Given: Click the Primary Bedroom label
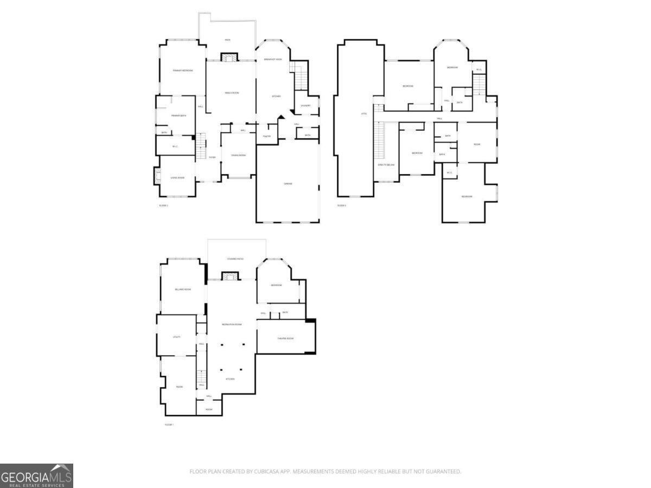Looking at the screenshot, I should click(183, 70).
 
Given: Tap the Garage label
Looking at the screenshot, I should click(288, 184).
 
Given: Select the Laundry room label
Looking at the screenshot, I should click(306, 106).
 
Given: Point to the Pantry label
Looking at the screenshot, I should click(267, 136).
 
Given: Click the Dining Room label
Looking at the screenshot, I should click(239, 156).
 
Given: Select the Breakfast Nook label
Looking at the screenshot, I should click(273, 59).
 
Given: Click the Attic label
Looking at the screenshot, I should click(364, 113).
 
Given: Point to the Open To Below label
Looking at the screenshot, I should click(386, 165).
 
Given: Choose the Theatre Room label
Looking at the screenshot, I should click(285, 338).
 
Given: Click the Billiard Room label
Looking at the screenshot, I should click(183, 290).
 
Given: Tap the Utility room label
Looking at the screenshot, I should click(176, 337).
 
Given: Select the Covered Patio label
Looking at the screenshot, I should click(235, 259).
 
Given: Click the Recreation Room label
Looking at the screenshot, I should click(232, 324).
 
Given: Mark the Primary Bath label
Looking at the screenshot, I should click(179, 115).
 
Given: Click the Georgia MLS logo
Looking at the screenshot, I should click(36, 476).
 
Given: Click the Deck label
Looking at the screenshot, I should click(228, 40).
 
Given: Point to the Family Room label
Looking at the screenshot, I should click(232, 93).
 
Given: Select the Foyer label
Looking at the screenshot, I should click(213, 157).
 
